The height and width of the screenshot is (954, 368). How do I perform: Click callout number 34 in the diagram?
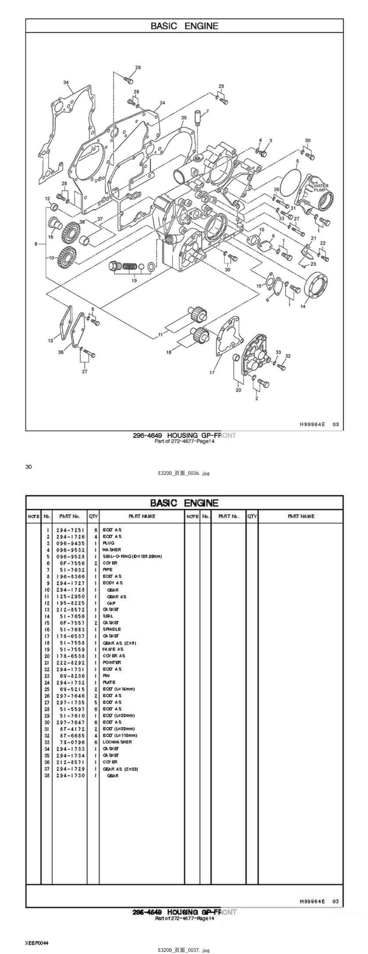(66, 82)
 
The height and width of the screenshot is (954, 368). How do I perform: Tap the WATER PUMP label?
(321, 188)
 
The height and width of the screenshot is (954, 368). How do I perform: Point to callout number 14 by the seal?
(303, 307)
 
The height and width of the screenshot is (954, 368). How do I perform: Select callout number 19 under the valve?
(134, 280)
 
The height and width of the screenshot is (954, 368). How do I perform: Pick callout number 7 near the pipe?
(207, 111)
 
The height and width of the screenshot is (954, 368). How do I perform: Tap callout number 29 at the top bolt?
(138, 67)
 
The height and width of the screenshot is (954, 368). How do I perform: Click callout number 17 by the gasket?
(212, 373)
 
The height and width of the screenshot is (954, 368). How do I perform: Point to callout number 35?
(184, 117)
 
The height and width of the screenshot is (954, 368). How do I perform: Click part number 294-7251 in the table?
(70, 530)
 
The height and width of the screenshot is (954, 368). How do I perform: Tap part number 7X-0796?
(70, 742)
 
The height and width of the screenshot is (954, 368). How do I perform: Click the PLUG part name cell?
(108, 543)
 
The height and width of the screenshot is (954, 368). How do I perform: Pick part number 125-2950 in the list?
(70, 597)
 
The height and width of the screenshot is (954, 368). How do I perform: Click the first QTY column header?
(93, 516)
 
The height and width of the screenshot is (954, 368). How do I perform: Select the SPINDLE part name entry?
(112, 629)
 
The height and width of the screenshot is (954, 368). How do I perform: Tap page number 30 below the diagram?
(28, 466)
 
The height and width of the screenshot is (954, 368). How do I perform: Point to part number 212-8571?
(70, 762)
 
